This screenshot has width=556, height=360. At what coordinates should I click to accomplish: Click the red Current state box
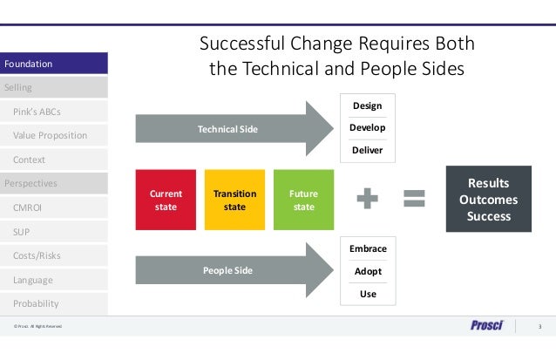point(166,200)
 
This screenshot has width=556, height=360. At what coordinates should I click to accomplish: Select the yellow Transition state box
point(234,200)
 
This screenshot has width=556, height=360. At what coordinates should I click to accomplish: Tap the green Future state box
point(303,200)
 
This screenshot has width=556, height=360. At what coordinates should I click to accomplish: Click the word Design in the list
point(367,105)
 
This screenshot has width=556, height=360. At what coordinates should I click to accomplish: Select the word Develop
point(367,128)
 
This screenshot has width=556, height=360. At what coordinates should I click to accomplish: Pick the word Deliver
point(367,150)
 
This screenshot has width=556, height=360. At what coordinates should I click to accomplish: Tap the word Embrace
point(368,248)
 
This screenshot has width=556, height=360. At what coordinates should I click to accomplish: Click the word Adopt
point(368,271)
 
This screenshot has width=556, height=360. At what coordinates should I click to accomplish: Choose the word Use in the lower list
point(368,294)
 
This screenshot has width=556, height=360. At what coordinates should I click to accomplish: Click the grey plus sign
point(369,200)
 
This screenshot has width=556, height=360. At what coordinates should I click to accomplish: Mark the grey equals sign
point(414,200)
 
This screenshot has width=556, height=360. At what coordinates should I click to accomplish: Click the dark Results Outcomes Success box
point(488,200)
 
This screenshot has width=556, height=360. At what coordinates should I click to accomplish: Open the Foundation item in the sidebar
point(54,64)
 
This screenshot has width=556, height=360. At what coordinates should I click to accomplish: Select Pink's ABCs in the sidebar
point(37,112)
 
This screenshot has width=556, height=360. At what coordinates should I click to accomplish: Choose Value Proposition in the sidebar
point(50,136)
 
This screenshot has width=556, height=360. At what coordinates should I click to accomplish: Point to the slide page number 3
point(539,327)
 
